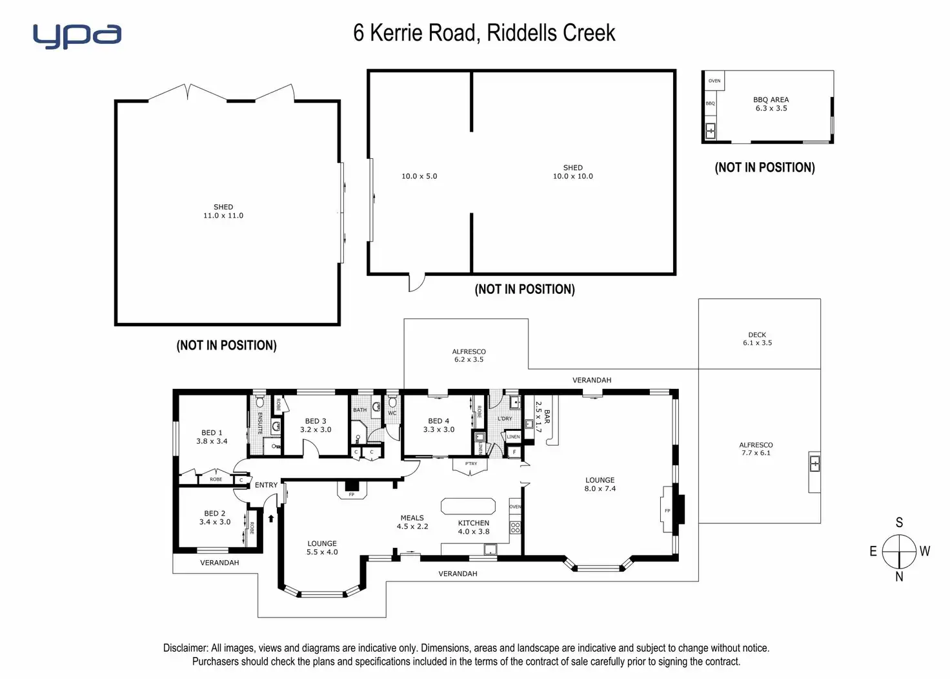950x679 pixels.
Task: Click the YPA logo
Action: tap(77, 36)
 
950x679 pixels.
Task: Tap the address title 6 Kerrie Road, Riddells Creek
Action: tap(484, 33)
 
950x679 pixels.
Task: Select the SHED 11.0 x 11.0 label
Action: tap(223, 211)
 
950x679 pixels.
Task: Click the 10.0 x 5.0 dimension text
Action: tap(419, 176)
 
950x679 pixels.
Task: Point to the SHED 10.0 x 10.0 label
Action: tap(572, 172)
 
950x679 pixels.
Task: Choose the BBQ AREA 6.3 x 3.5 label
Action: tap(771, 104)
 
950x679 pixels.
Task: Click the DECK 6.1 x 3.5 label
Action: tap(757, 339)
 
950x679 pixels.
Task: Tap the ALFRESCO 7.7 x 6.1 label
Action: tap(756, 449)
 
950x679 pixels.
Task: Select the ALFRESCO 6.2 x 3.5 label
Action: tap(469, 356)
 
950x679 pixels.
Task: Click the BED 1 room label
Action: tap(212, 437)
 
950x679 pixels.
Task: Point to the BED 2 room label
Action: tap(215, 517)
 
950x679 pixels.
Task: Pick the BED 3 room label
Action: tap(316, 425)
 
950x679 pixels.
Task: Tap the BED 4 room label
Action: tap(439, 425)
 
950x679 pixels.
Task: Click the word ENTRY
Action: tap(266, 485)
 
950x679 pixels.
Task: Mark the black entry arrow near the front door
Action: tap(271, 517)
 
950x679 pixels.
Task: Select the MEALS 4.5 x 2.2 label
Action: tap(412, 522)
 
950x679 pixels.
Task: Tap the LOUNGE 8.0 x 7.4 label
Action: tap(600, 485)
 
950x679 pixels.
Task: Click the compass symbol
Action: tap(899, 551)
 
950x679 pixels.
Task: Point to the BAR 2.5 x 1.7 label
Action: tap(543, 417)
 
